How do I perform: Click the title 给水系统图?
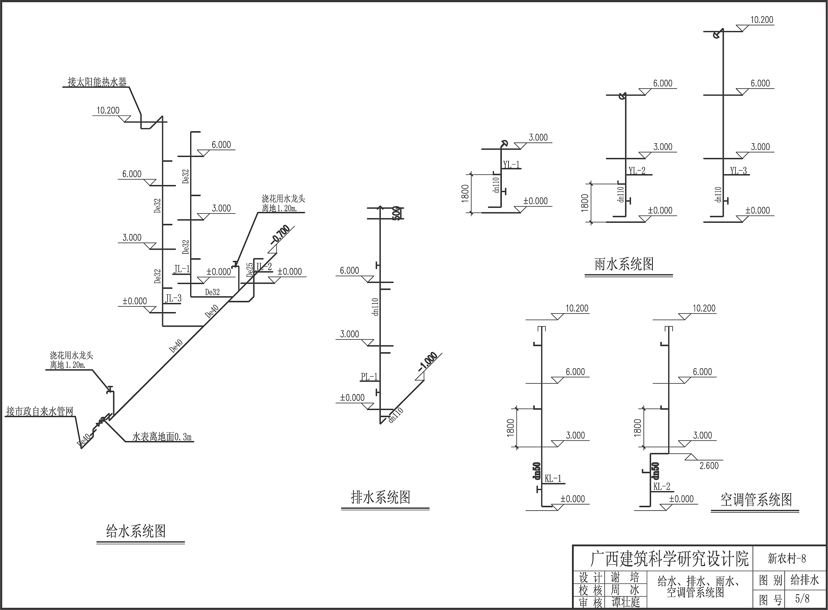(x=136, y=531)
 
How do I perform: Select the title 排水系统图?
(x=381, y=497)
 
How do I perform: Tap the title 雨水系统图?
(x=624, y=264)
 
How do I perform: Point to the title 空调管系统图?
(x=756, y=500)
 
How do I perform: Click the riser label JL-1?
(x=182, y=268)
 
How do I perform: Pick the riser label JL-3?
(x=173, y=298)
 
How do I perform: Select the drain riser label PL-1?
(x=369, y=377)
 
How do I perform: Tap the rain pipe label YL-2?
(x=637, y=171)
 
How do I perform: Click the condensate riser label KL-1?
(x=553, y=478)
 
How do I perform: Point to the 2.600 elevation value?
(x=709, y=466)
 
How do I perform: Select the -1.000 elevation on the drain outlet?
(x=428, y=362)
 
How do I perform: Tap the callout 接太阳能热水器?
(x=97, y=82)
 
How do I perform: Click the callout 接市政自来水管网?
(x=40, y=412)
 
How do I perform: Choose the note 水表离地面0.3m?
(x=163, y=437)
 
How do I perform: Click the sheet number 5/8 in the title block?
(x=802, y=599)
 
